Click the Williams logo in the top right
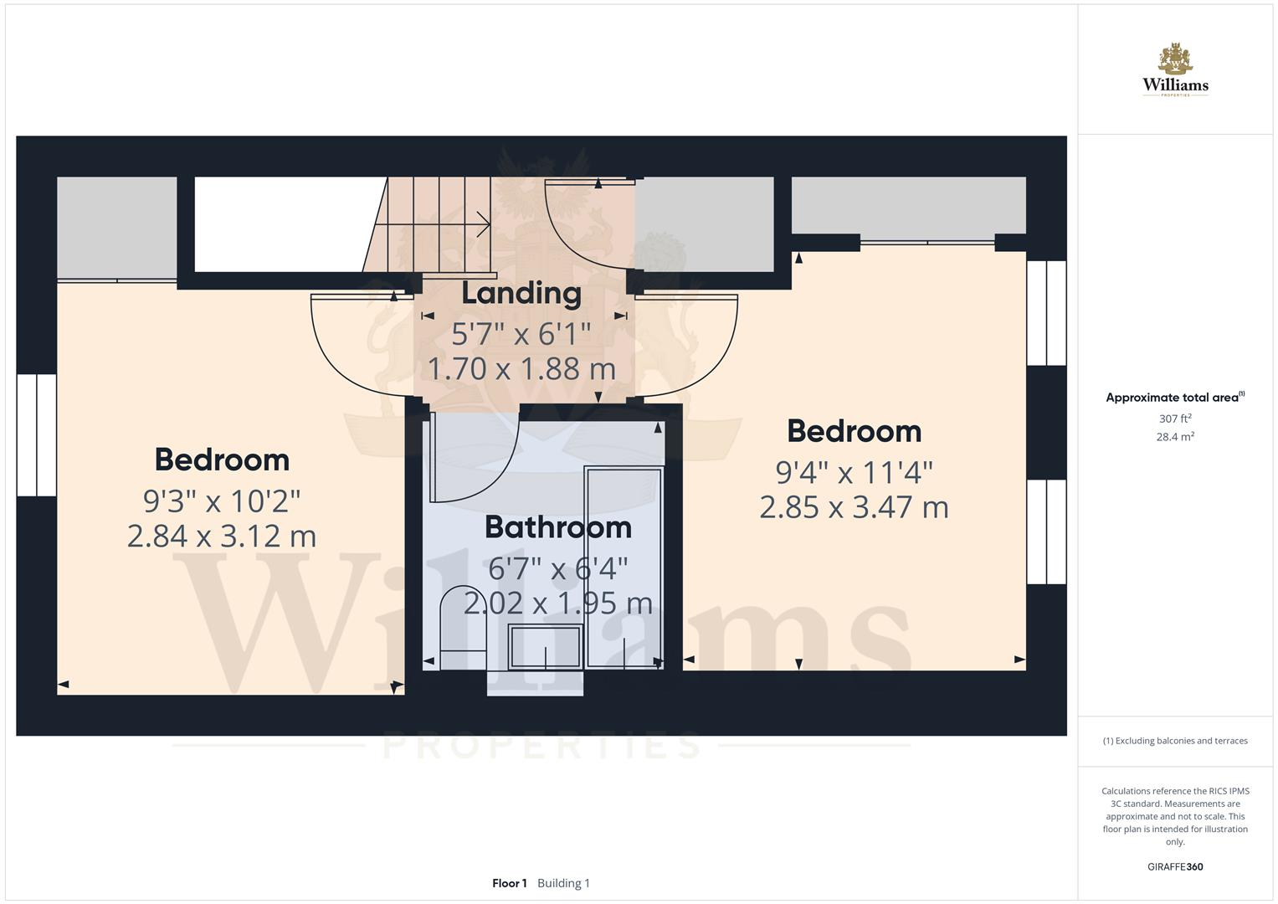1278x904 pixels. pyautogui.click(x=1175, y=70)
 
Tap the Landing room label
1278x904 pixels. pyautogui.click(x=521, y=294)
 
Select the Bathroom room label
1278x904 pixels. pyautogui.click(x=557, y=527)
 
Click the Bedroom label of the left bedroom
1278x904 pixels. pyautogui.click(x=222, y=460)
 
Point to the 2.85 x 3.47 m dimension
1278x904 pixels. pyautogui.click(x=854, y=507)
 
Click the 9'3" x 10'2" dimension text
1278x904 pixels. pyautogui.click(x=222, y=501)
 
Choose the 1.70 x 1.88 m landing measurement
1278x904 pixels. pyautogui.click(x=521, y=368)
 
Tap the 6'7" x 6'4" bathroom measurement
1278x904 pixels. pyautogui.click(x=557, y=569)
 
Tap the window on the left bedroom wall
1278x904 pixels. pyautogui.click(x=36, y=435)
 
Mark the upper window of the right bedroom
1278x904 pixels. pyautogui.click(x=1046, y=313)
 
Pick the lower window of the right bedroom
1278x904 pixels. pyautogui.click(x=1046, y=532)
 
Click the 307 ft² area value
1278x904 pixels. pyautogui.click(x=1174, y=419)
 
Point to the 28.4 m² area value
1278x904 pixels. pyautogui.click(x=1174, y=437)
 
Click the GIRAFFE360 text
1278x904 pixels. pyautogui.click(x=1174, y=867)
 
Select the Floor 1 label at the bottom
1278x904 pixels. pyautogui.click(x=509, y=883)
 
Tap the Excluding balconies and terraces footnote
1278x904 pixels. pyautogui.click(x=1174, y=741)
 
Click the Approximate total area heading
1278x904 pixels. pyautogui.click(x=1174, y=398)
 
